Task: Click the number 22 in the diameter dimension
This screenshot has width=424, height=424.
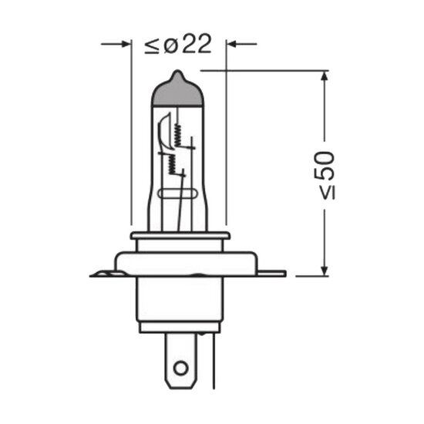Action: point(197,44)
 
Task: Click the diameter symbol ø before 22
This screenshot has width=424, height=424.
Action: point(170,47)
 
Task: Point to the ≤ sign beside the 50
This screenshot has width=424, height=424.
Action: point(328,192)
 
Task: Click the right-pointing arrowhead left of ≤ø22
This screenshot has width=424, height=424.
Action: point(126,44)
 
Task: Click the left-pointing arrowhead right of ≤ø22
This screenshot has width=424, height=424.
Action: point(231,44)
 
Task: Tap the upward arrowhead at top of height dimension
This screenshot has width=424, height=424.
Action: point(325,76)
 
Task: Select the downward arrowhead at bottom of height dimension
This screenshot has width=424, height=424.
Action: point(325,271)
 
